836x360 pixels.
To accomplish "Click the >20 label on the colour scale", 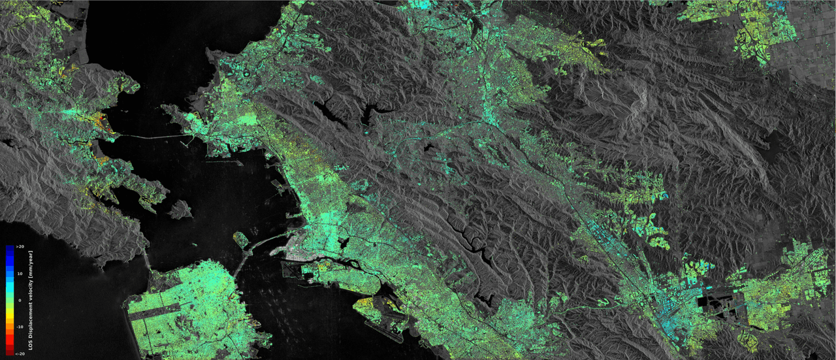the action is coord(20,246).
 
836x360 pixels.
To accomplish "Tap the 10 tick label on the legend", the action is coord(20,273).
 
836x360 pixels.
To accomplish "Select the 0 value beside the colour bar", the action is coord(20,300).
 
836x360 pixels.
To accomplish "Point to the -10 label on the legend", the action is coord(20,326).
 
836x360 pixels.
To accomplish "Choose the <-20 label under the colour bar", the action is coord(20,353).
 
